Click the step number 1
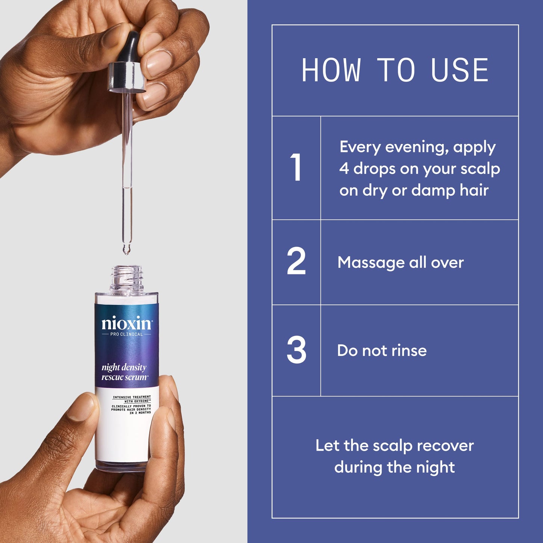point(296,168)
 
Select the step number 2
point(296,261)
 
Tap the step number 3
point(296,350)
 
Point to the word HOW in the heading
point(331,70)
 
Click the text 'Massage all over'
point(401,262)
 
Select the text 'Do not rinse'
point(382,351)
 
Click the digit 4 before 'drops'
point(344,169)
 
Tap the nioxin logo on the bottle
point(127,323)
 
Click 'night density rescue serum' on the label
point(124,372)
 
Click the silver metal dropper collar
point(127,77)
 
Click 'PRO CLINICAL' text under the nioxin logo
point(127,334)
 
